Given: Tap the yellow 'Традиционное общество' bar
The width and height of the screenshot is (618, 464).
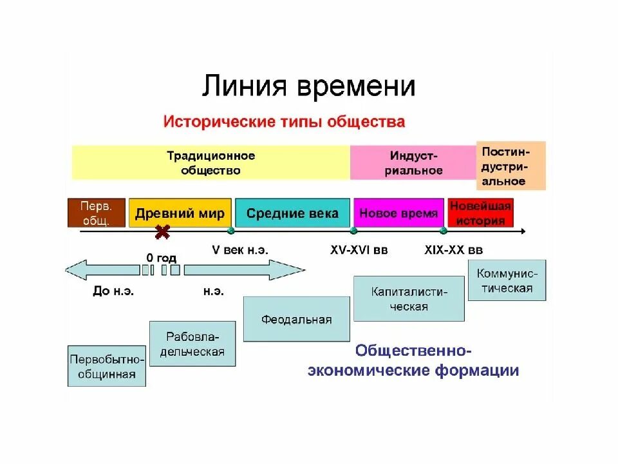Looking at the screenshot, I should pyautogui.click(x=211, y=163).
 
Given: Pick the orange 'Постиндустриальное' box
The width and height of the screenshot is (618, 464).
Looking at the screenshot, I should pyautogui.click(x=510, y=166).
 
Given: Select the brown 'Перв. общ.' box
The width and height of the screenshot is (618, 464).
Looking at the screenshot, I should pyautogui.click(x=96, y=213).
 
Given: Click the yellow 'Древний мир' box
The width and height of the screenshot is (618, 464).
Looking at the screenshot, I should pyautogui.click(x=180, y=213).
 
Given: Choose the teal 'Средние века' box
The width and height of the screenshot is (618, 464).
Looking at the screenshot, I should pyautogui.click(x=292, y=213).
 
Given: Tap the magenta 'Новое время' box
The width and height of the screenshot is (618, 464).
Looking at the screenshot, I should pyautogui.click(x=398, y=213).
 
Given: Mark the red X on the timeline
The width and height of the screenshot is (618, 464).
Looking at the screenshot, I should pyautogui.click(x=162, y=231).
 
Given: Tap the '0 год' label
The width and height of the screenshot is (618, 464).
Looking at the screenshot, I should pyautogui.click(x=161, y=258).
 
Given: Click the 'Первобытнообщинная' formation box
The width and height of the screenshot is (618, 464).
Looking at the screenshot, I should pyautogui.click(x=107, y=366).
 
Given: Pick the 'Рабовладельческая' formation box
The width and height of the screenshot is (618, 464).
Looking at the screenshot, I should pyautogui.click(x=192, y=343).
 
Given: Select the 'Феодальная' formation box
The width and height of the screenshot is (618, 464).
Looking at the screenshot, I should pyautogui.click(x=297, y=319).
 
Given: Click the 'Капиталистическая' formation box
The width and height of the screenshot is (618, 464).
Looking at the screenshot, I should pyautogui.click(x=409, y=298).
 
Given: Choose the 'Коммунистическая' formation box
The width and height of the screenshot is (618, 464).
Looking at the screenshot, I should pyautogui.click(x=507, y=280).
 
